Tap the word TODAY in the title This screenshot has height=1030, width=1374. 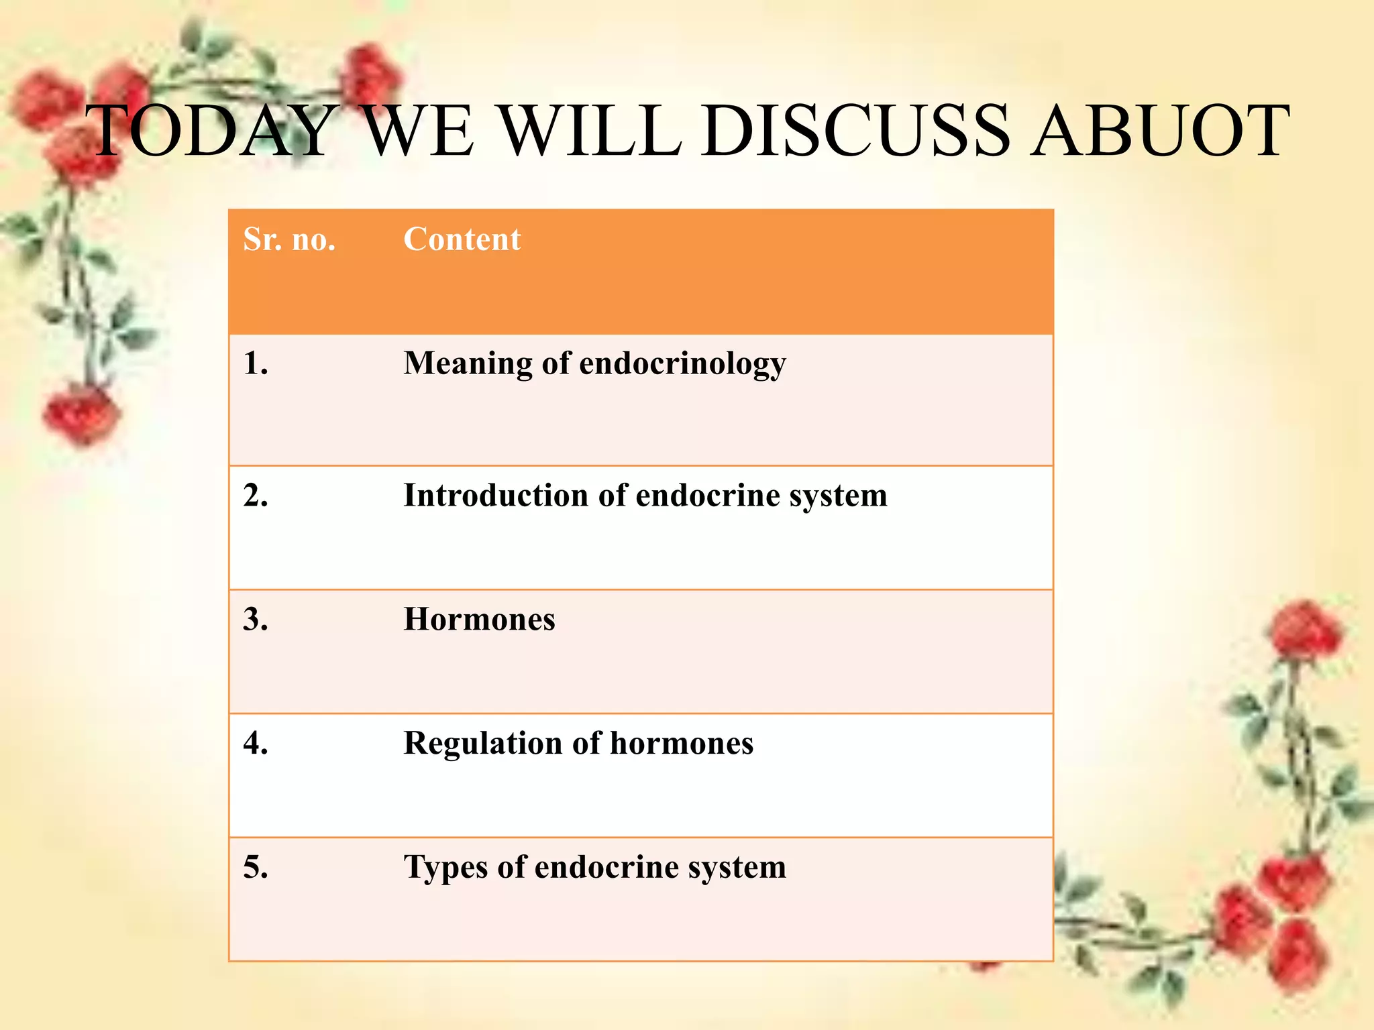[x=213, y=131]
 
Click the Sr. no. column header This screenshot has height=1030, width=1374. [x=289, y=239]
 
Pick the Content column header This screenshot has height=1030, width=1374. [x=462, y=239]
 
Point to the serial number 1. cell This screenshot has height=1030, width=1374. [x=256, y=363]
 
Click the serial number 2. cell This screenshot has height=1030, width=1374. [x=256, y=496]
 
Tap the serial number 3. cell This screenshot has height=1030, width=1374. [x=256, y=619]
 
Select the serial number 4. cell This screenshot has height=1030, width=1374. [x=256, y=743]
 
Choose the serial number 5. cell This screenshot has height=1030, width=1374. [x=256, y=867]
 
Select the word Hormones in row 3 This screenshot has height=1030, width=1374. [x=479, y=619]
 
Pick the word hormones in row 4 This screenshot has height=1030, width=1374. [x=682, y=743]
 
